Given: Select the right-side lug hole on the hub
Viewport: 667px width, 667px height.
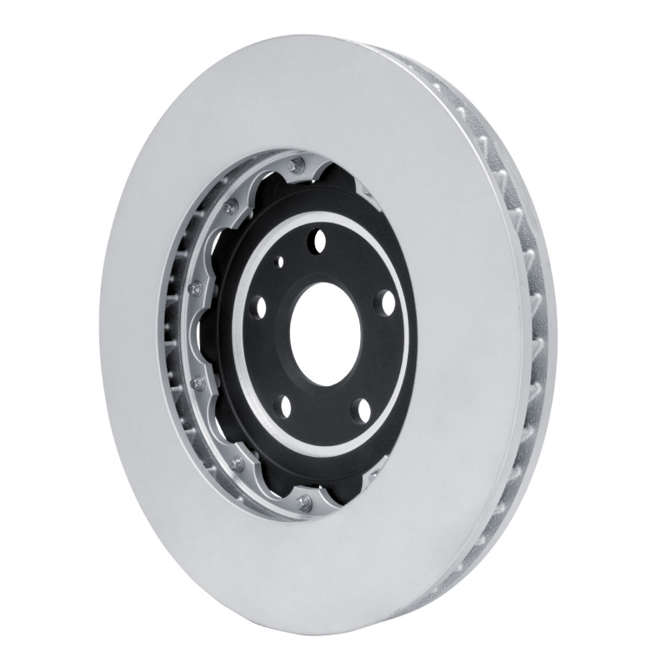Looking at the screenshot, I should (385, 302).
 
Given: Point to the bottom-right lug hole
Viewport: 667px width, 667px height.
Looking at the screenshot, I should (360, 409).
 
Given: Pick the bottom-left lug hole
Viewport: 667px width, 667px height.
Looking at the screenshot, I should (283, 407).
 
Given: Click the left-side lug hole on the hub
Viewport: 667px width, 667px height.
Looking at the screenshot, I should (258, 306).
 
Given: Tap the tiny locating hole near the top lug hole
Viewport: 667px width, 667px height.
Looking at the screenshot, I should (280, 262).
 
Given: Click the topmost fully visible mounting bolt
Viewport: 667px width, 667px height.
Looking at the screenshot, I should (293, 166).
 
